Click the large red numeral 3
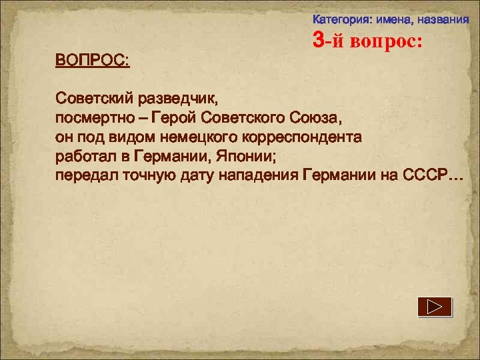[x=319, y=41]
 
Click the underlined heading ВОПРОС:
[x=93, y=61]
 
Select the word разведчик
[x=178, y=100]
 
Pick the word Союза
[x=315, y=119]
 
